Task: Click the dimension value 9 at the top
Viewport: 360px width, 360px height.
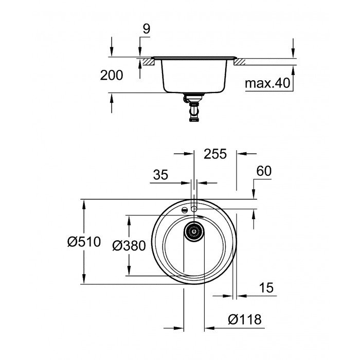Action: (x=146, y=30)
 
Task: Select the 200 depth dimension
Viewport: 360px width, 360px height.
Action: (x=112, y=76)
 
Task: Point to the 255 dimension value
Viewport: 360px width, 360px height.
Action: (x=215, y=154)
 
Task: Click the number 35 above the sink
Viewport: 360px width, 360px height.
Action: (x=160, y=175)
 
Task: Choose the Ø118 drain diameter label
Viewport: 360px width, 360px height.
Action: (x=244, y=319)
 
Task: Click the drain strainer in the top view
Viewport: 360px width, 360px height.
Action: (x=194, y=232)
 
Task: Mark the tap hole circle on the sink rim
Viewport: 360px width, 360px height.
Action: (x=194, y=208)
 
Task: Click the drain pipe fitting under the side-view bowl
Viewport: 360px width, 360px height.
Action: (x=194, y=108)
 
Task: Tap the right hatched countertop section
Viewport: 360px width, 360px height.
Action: (x=239, y=62)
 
